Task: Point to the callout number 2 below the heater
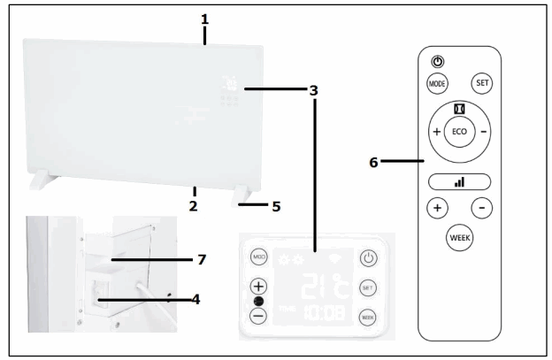point(193,205)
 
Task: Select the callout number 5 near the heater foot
point(276,207)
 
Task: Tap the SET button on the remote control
point(483,82)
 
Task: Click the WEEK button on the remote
point(458,239)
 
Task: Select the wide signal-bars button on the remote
point(458,181)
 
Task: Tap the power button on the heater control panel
point(369,259)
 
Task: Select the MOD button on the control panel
point(258,257)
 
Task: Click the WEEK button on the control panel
point(369,316)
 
